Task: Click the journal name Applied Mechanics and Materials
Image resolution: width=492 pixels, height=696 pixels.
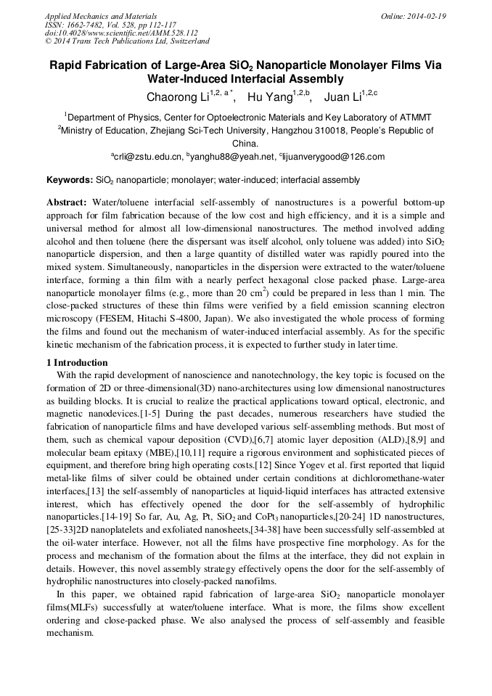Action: pyautogui.click(x=100, y=15)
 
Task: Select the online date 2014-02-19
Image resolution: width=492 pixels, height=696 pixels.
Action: pyautogui.click(x=427, y=15)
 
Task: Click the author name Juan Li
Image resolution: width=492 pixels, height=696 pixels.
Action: pyautogui.click(x=341, y=97)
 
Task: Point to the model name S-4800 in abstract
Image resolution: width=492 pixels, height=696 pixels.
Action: pyautogui.click(x=189, y=319)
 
